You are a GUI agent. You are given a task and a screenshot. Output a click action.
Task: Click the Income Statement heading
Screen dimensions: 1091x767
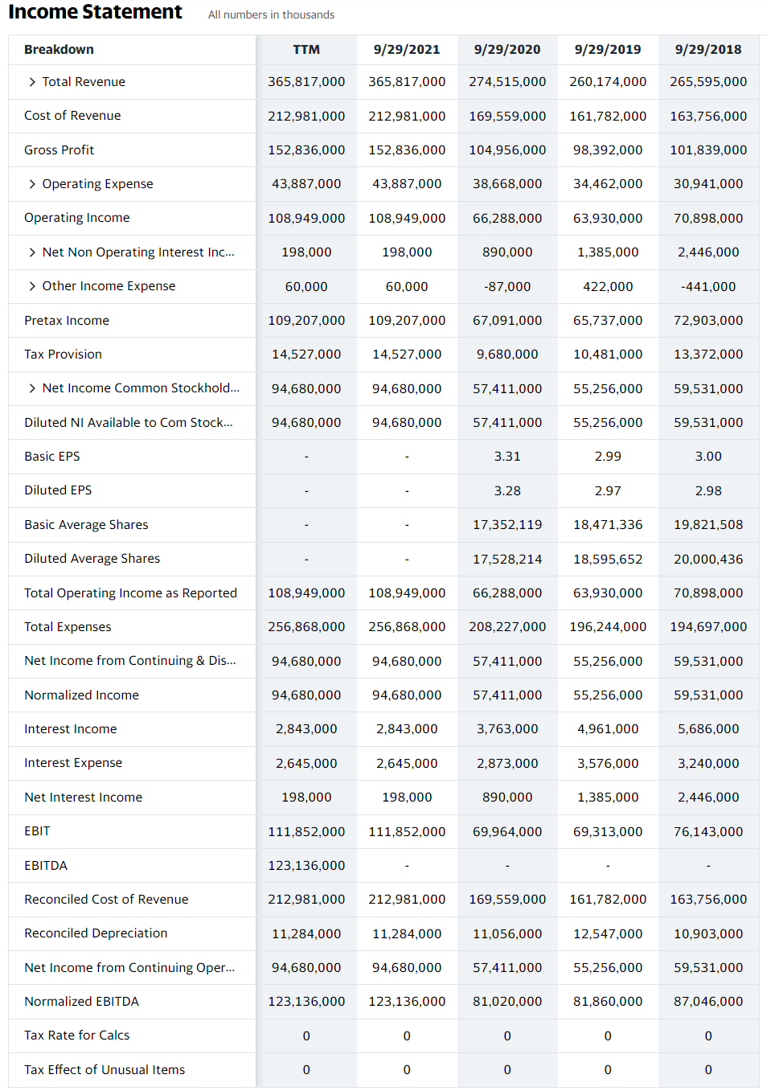(95, 12)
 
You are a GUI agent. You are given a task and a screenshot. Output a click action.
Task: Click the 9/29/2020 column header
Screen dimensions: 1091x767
(507, 49)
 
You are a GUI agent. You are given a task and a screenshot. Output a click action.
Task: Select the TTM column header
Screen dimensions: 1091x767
(306, 49)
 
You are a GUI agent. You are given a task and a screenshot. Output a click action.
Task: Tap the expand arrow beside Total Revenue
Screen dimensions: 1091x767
(32, 82)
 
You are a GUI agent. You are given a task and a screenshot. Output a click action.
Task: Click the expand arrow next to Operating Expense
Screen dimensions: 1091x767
(32, 184)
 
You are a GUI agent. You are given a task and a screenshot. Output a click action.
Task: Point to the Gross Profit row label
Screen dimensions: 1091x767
(59, 150)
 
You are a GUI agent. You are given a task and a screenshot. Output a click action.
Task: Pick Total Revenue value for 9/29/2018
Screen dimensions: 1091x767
(708, 82)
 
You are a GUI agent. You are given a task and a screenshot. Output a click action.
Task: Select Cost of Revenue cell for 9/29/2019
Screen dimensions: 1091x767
(608, 116)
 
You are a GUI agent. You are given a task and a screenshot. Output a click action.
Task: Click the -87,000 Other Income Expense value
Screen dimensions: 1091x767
(507, 286)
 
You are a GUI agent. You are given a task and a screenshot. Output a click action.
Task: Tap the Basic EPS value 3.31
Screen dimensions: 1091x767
(507, 456)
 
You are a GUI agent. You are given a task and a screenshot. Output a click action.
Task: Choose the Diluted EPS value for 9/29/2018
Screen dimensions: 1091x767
(708, 490)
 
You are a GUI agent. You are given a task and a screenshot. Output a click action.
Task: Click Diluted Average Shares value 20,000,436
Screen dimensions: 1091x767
(708, 559)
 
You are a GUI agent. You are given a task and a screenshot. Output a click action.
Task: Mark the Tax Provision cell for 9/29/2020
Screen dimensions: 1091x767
(507, 354)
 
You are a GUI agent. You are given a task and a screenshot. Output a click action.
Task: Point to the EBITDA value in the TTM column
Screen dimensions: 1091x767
(306, 865)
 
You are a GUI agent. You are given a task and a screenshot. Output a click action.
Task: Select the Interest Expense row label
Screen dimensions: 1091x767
(73, 762)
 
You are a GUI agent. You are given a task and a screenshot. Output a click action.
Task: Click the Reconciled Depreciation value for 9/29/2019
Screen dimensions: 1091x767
(608, 933)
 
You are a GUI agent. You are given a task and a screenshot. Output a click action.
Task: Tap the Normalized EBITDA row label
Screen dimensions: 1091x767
(81, 1001)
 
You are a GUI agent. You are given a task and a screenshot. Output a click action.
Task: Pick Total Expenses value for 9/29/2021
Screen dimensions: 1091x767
(407, 626)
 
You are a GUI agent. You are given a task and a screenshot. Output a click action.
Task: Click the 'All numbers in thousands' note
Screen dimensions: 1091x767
(271, 14)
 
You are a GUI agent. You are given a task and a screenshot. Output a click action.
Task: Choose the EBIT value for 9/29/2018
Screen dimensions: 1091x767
(708, 831)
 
